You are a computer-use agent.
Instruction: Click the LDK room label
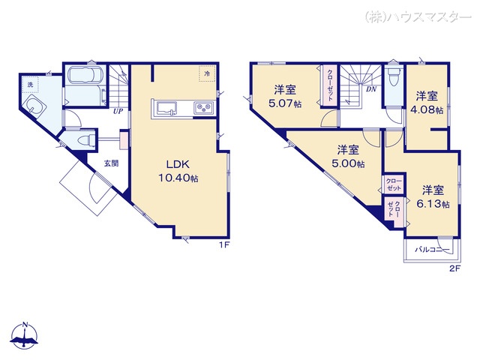178,164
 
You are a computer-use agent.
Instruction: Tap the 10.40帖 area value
178,178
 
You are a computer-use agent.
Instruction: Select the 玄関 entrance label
111,163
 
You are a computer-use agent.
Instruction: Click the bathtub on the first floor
85,75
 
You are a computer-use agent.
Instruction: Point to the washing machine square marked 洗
30,85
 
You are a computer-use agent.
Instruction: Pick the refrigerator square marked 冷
207,73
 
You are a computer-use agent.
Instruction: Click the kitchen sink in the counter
166,109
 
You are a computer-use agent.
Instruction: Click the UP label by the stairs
118,112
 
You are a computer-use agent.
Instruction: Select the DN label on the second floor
371,89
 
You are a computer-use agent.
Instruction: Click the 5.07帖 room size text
285,103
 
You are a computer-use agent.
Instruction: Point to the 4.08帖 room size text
427,110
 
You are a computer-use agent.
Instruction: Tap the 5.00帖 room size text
348,163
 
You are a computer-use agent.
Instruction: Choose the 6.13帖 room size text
433,204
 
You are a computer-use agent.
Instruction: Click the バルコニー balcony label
432,250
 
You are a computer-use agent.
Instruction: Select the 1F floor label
223,244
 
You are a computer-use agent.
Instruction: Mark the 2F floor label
455,268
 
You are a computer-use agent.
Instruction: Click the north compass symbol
24,336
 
